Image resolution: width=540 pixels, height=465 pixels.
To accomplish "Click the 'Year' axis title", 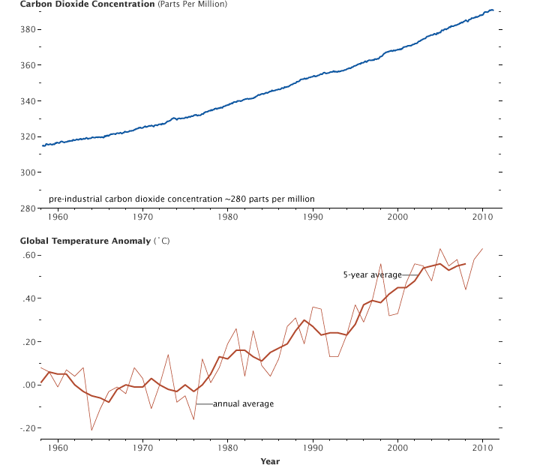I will [270, 461].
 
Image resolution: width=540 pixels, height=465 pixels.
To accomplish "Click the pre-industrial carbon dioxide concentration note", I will [181, 199].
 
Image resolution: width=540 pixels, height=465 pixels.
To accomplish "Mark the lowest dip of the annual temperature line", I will [91, 430].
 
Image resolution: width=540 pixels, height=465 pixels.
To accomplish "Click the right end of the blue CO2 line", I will [493, 10].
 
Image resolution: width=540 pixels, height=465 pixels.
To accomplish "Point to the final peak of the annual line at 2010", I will [482, 248].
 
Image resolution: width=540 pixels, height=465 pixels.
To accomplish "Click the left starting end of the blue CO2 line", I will [42, 145].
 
